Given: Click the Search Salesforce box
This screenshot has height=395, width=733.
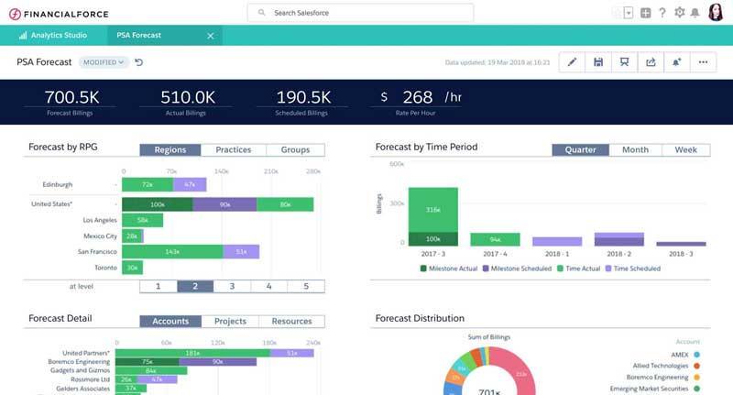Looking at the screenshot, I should [361, 13].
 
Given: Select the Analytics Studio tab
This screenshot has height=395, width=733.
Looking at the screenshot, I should [58, 36].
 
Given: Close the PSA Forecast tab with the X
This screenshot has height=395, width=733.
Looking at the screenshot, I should [210, 36].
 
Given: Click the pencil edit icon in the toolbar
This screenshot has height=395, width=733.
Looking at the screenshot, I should [572, 62].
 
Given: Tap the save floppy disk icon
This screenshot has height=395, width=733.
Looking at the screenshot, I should [598, 62].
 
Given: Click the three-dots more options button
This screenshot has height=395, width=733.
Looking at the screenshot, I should [703, 62].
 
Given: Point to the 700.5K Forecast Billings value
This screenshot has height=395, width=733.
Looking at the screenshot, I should [71, 97].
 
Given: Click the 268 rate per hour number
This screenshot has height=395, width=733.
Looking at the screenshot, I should [417, 97].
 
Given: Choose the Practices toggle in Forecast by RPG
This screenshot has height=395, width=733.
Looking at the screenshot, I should [234, 150].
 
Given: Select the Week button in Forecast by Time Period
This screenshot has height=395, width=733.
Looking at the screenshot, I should [685, 150].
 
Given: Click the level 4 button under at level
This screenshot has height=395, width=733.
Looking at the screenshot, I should [268, 286].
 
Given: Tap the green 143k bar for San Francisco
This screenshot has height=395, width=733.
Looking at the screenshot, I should [172, 251].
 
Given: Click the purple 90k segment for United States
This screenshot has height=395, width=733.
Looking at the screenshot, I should [224, 204].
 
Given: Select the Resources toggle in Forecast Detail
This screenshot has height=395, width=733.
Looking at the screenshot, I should [291, 322].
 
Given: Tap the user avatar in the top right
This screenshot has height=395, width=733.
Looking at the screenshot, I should [716, 13].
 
